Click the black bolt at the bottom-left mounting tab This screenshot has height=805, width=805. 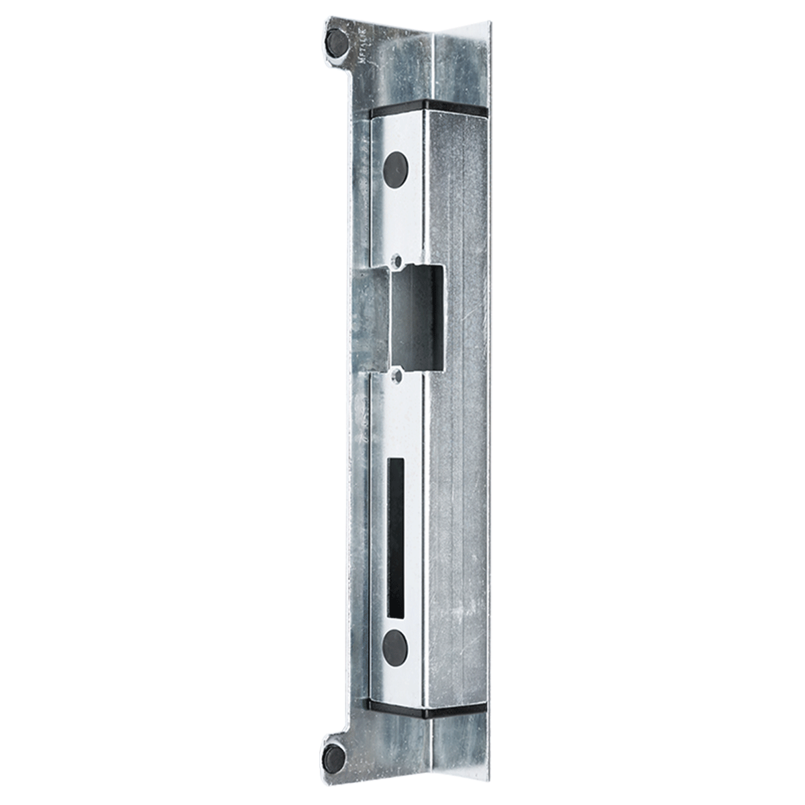(334, 756)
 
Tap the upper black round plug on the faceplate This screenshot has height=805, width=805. (395, 164)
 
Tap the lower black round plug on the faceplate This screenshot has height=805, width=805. (394, 645)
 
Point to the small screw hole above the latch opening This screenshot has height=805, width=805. (396, 258)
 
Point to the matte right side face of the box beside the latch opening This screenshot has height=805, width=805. (463, 315)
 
